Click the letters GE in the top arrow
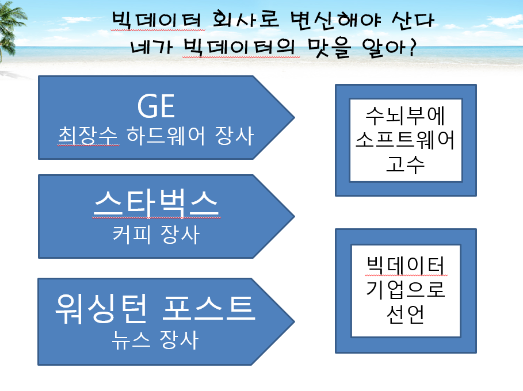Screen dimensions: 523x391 coord(156,106)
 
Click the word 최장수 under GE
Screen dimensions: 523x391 coord(88,136)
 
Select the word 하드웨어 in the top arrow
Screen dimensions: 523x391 coord(166,136)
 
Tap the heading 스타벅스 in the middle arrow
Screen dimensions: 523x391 coord(156,204)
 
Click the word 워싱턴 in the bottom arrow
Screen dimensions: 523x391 coord(101,308)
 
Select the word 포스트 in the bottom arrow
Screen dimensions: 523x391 coord(209,308)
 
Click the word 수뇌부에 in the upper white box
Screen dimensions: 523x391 coord(406,116)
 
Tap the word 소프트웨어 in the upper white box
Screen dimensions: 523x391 coord(406,140)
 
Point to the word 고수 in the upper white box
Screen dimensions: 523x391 coord(406,164)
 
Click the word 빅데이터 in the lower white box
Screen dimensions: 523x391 coord(406,265)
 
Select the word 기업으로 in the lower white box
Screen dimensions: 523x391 coord(406,289)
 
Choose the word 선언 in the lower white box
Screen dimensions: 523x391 coord(406,314)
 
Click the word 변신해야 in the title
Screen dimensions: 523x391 coord(335,20)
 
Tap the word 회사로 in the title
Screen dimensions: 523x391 coord(246,20)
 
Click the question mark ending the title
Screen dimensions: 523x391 coord(413,47)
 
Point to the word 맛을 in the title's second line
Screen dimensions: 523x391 coord(329,48)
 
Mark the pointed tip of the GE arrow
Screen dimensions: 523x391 coord(295,117)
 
